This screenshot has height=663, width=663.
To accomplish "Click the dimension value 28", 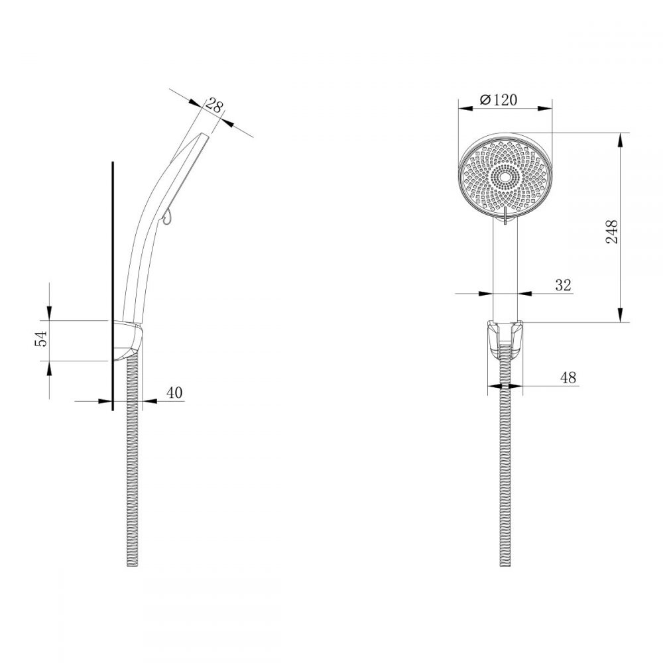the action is pyautogui.click(x=214, y=105).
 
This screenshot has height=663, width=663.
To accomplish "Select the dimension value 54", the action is pyautogui.click(x=41, y=339).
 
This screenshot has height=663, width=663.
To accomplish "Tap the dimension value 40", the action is pyautogui.click(x=174, y=392).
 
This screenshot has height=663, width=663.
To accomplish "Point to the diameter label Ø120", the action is pyautogui.click(x=499, y=100).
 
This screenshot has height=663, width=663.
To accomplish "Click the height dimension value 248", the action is pyautogui.click(x=611, y=231).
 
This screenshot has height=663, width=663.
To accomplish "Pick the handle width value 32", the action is pyautogui.click(x=563, y=285).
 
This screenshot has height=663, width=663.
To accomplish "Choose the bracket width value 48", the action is pyautogui.click(x=568, y=377).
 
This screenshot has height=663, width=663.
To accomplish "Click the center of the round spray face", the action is pyautogui.click(x=505, y=178).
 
